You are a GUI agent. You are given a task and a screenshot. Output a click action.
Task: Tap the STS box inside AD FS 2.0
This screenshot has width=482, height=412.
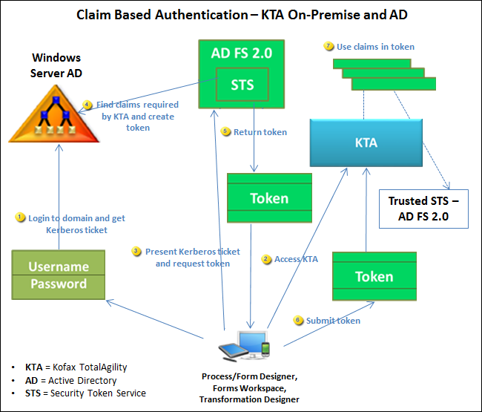click(242, 85)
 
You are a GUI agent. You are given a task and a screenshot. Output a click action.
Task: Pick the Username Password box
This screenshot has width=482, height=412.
click(58, 275)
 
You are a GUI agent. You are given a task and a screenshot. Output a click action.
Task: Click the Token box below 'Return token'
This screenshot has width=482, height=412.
click(268, 198)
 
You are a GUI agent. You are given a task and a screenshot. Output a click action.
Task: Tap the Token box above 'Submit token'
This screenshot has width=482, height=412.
click(374, 277)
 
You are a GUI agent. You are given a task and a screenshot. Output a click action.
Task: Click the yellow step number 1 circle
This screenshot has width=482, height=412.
click(22, 218)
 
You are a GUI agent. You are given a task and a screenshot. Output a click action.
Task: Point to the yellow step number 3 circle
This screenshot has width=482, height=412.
click(136, 251)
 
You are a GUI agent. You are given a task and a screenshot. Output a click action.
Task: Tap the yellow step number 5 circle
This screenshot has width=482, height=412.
click(226, 131)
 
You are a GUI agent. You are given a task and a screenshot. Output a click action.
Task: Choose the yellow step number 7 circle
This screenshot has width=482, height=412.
click(329, 46)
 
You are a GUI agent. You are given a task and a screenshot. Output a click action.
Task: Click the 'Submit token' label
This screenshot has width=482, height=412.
click(333, 320)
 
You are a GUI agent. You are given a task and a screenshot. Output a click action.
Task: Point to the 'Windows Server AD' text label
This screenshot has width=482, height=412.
click(56, 65)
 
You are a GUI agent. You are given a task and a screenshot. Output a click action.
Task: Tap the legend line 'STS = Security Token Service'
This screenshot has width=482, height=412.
click(85, 393)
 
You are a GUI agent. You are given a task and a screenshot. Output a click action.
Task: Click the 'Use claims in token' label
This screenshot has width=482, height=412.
click(375, 46)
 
